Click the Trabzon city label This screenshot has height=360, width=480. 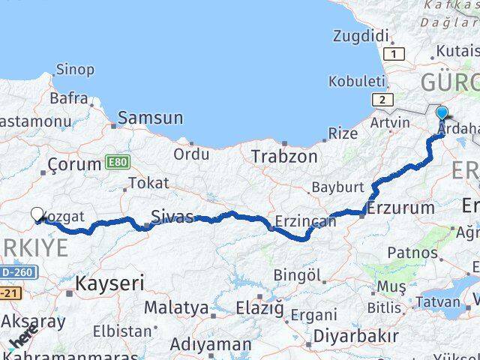[284, 157]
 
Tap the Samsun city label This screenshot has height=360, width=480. [150, 118]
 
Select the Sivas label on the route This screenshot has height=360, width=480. [172, 217]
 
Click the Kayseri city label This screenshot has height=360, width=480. [109, 283]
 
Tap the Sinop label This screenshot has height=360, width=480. [75, 70]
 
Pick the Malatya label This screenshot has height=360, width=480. [176, 307]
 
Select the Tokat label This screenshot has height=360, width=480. [148, 183]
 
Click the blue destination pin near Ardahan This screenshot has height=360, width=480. [442, 115]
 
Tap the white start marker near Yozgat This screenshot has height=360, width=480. [37, 215]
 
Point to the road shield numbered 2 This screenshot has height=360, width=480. [382, 100]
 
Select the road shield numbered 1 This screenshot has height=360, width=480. [394, 53]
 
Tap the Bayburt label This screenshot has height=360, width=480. [337, 187]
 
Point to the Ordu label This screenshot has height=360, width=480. [192, 154]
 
